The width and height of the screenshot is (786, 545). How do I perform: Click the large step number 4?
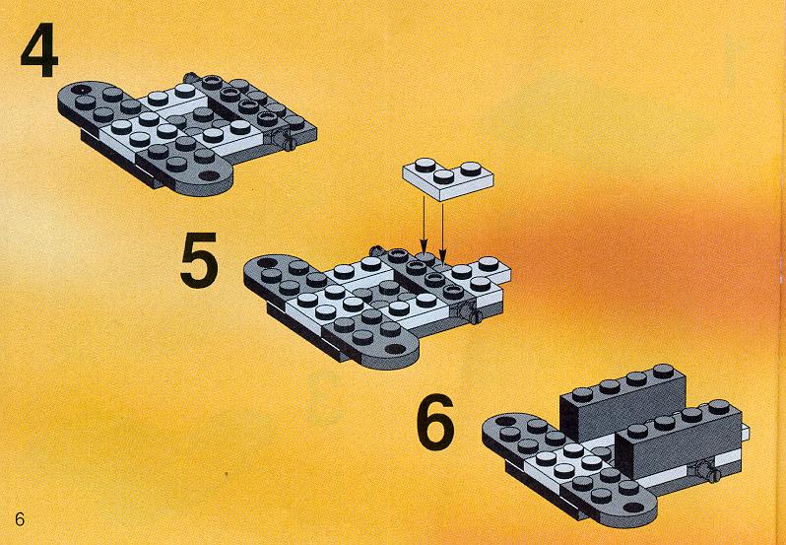pos(39,50)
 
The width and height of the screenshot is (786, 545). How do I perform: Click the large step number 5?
pos(199,260)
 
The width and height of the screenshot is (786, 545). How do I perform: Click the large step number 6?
pos(435,422)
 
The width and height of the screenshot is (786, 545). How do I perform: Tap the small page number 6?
pos(20,519)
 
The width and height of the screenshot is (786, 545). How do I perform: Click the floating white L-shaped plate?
pos(447,179)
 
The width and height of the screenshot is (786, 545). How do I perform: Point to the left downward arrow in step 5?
pos(424,225)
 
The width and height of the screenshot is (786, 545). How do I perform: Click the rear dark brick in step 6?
pos(622,401)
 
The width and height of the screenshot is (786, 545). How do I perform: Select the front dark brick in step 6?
pos(678,438)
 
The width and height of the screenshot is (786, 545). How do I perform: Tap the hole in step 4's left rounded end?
pos(78,90)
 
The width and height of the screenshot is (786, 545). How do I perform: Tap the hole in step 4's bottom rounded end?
pos(210,175)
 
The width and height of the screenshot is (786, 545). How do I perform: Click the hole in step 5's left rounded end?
pos(267,262)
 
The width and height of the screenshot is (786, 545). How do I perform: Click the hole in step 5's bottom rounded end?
pos(396,349)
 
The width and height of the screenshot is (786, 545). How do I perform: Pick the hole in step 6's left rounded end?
pos(504,421)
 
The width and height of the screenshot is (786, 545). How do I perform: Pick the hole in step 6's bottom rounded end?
pos(634,507)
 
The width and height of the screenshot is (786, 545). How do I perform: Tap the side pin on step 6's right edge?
pos(708,471)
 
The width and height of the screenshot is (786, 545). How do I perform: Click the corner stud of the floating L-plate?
pos(443,176)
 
